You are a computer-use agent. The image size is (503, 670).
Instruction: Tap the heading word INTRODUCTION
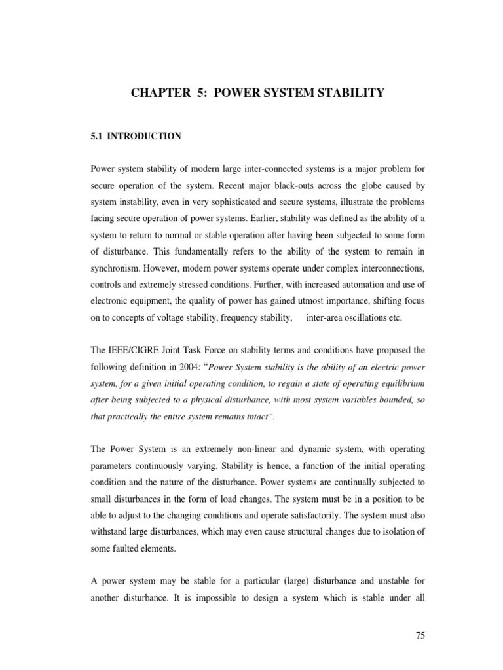144,136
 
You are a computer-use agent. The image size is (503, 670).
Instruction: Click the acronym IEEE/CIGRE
134,351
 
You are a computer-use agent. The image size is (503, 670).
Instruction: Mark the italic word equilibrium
400,383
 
